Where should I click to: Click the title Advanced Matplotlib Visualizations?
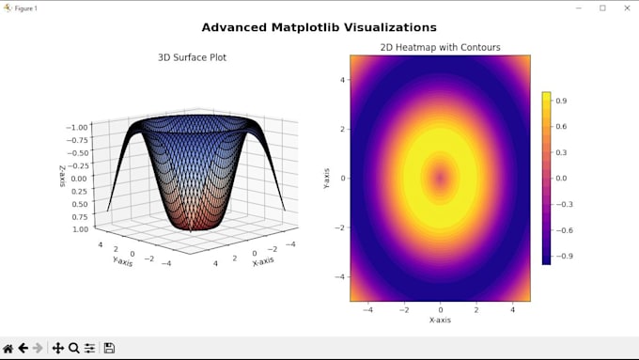click(x=319, y=27)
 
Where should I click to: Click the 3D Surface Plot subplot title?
click(x=192, y=57)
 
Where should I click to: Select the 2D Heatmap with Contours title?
click(x=440, y=47)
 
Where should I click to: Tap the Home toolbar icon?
click(x=8, y=348)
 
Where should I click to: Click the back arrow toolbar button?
click(x=23, y=348)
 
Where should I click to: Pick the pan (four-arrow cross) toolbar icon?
click(x=57, y=348)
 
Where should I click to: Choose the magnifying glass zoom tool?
click(x=73, y=348)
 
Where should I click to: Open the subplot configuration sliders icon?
click(x=89, y=348)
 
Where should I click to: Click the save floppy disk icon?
click(x=109, y=348)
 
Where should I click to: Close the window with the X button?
click(x=625, y=8)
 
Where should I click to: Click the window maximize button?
click(x=602, y=8)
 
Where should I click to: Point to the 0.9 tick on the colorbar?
click(x=561, y=100)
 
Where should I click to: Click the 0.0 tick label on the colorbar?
click(x=561, y=178)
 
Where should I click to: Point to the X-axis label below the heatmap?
click(x=440, y=320)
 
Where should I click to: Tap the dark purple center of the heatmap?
click(x=440, y=178)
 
